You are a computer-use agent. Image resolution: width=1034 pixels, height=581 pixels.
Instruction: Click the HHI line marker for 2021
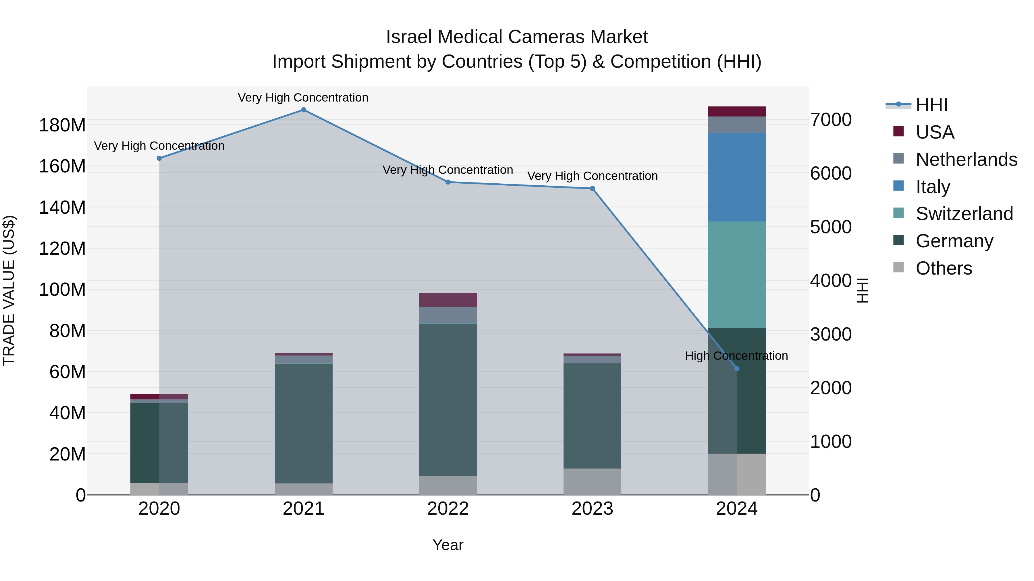pos(304,110)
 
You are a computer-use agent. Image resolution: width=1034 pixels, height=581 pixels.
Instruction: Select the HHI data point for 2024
pos(736,368)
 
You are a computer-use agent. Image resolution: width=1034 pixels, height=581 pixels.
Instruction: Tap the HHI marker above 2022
pos(448,182)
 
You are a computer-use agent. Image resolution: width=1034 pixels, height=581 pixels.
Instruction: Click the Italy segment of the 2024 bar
pos(736,177)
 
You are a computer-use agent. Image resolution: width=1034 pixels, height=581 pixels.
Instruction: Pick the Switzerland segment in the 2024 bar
pos(736,275)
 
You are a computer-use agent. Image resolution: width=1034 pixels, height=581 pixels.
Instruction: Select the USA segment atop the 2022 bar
pos(448,300)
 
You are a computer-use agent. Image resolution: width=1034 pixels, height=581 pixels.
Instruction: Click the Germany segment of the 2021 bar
pos(304,423)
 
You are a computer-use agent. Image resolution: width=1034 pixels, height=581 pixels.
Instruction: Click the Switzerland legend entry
pos(964,214)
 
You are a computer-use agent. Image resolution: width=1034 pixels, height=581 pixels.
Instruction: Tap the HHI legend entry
pos(931,105)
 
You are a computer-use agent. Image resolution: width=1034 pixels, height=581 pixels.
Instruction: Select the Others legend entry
pos(943,268)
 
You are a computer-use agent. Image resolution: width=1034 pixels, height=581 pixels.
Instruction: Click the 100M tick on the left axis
pos(62,289)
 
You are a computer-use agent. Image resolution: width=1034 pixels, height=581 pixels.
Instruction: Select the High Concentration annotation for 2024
pos(736,356)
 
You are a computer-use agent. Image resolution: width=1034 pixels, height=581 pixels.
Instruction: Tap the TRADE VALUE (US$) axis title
pos(9,290)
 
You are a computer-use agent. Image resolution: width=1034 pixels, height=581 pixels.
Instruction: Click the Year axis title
pos(448,545)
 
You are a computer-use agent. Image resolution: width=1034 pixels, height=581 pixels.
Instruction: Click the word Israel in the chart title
pos(409,37)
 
